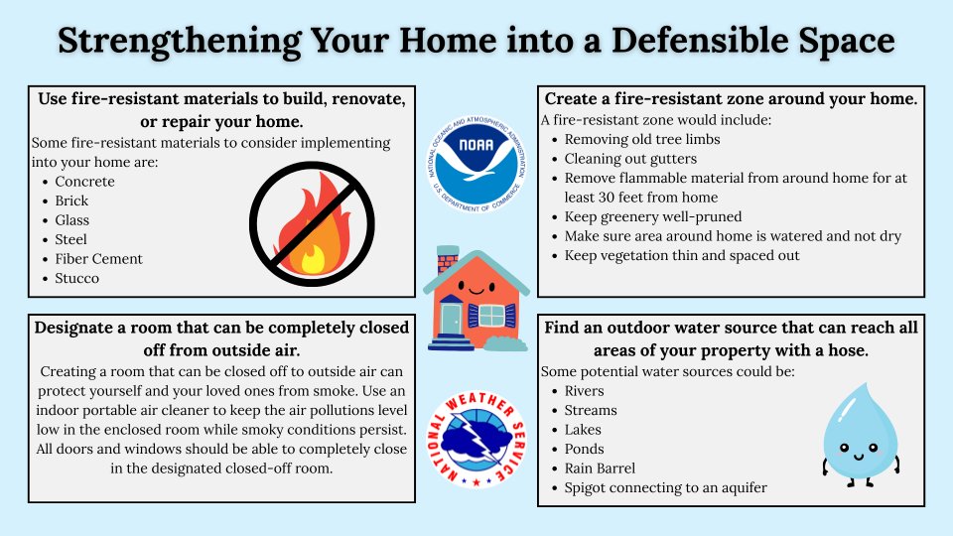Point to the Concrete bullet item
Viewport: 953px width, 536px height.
(84, 182)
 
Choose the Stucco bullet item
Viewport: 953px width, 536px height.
(76, 278)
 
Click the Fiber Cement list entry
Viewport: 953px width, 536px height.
(98, 259)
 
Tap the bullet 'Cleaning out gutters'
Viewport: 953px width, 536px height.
(630, 159)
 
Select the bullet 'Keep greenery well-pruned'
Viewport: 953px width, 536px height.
(653, 216)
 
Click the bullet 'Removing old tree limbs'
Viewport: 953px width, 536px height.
(642, 140)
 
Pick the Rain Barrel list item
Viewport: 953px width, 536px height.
(600, 468)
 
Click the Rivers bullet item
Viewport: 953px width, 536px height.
(584, 391)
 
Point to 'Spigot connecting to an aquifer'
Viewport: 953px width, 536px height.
(665, 487)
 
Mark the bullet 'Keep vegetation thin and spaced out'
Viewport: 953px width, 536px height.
(682, 255)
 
